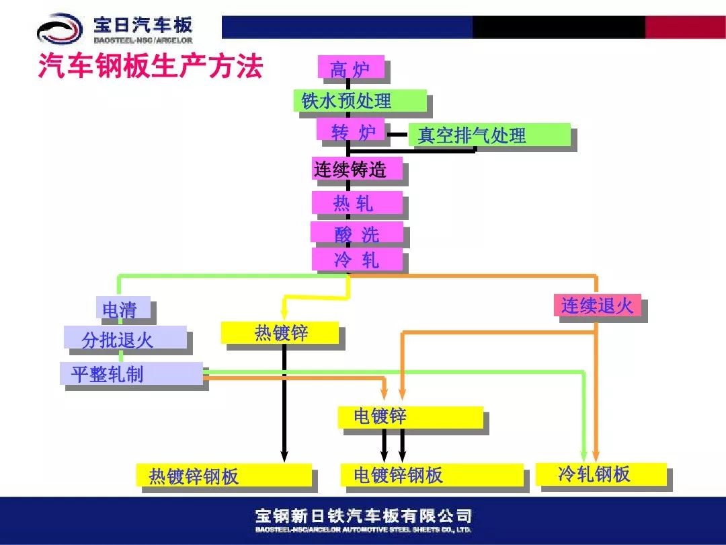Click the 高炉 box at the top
pos(351,68)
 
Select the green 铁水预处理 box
pos(360,101)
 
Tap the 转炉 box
pos(350,131)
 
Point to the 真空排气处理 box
pos(489,135)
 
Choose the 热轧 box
pos(357,203)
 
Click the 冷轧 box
pos(357,259)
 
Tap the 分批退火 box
pos(125,338)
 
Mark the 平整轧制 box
pos(131,373)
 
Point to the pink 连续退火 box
pos(597,305)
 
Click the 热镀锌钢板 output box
pos(224,475)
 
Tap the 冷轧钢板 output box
pos(601,474)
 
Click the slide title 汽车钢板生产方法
pos(149,68)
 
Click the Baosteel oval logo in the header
pos(60,30)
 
